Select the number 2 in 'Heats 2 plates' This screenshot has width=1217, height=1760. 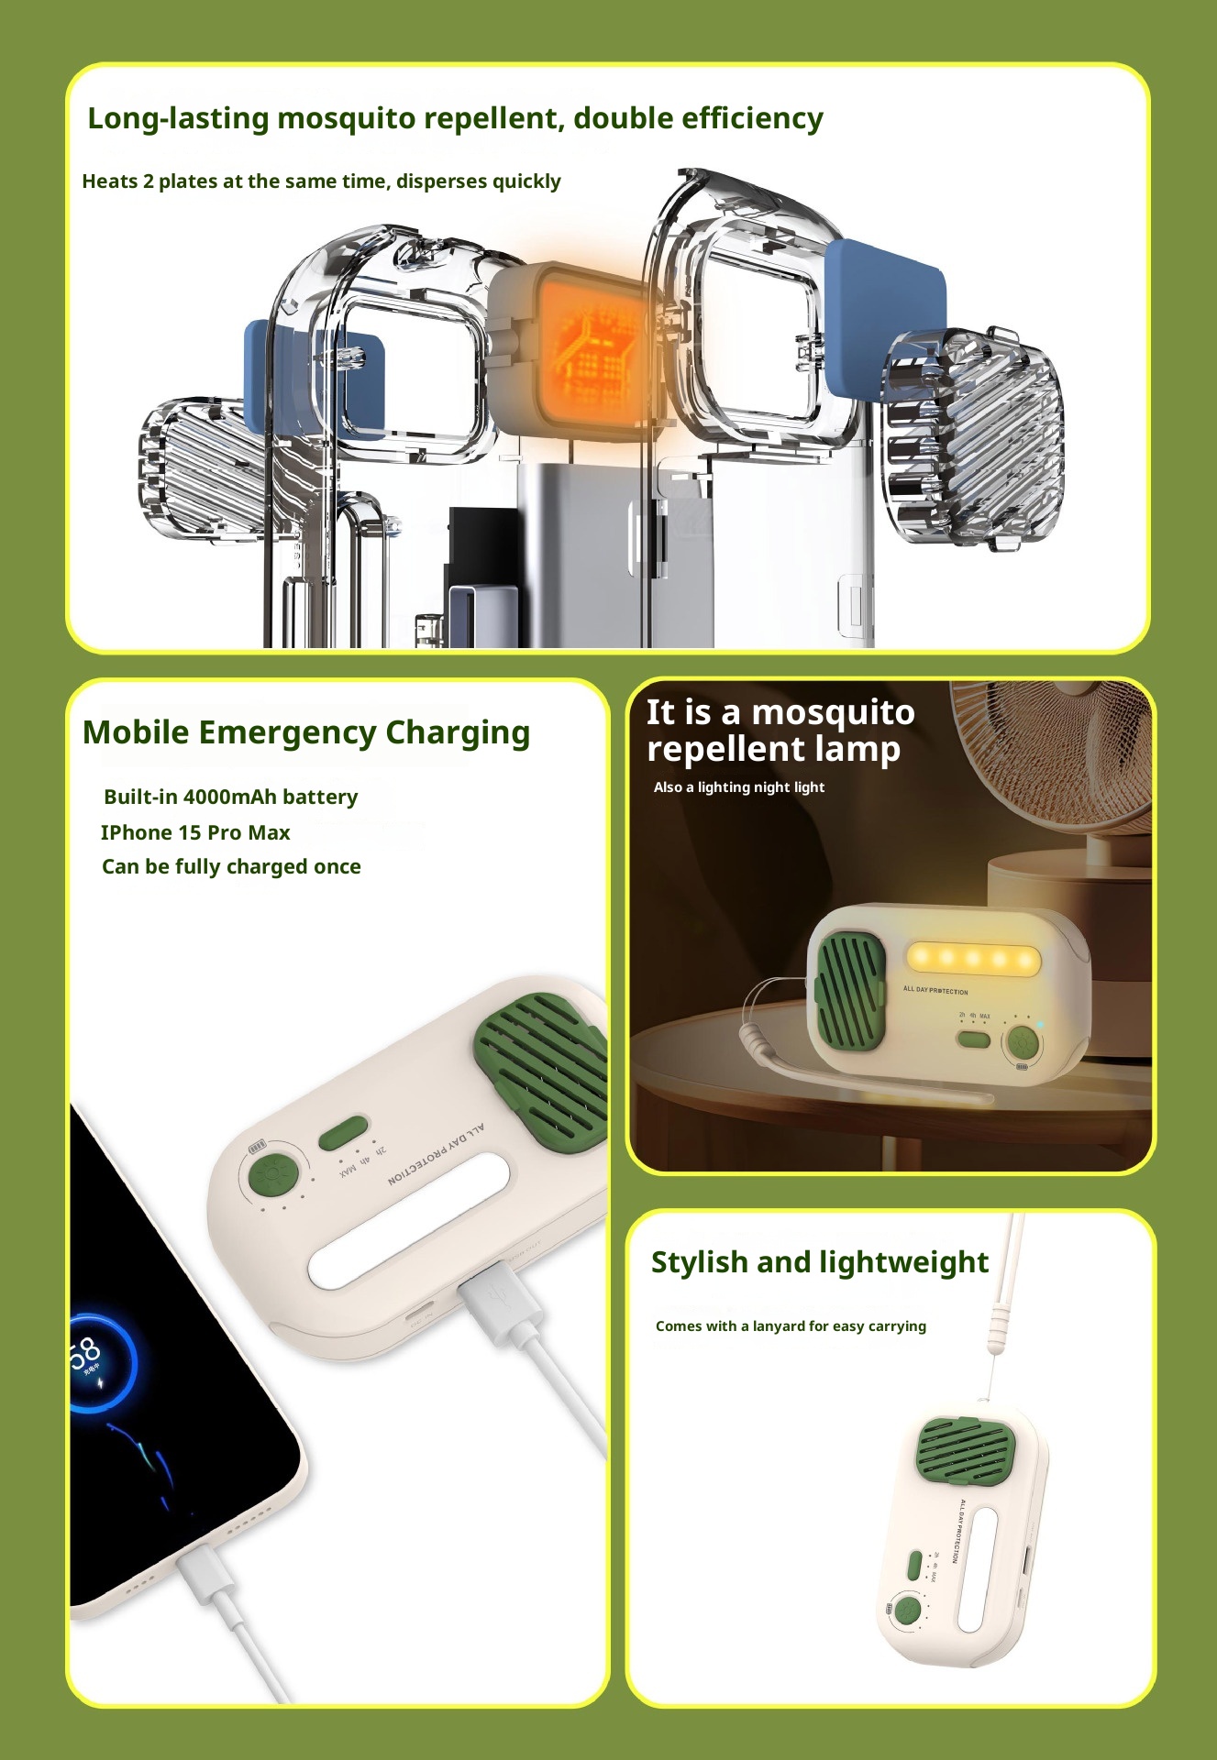148,181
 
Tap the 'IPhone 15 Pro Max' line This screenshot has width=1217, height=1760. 195,832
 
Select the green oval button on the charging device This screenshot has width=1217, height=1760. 343,1133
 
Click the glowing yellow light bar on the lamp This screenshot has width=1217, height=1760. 972,958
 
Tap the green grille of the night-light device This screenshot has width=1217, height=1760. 848,990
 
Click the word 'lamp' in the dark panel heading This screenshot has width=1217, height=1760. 857,750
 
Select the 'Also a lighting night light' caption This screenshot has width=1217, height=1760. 738,787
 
